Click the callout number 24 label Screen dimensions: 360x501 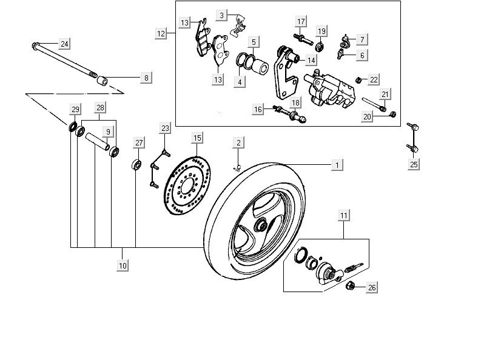coord(64,43)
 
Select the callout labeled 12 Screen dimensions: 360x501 coord(161,34)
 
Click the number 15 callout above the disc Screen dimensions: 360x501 coord(197,138)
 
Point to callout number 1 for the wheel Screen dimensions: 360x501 coord(337,164)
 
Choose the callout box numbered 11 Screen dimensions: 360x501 coord(344,215)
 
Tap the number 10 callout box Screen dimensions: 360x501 coord(123,265)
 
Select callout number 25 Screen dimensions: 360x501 coord(414,164)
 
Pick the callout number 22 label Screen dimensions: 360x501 coord(374,79)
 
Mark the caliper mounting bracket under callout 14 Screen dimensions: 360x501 coord(282,73)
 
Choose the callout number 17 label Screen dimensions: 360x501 coord(300,22)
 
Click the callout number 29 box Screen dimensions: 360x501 coord(75,110)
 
